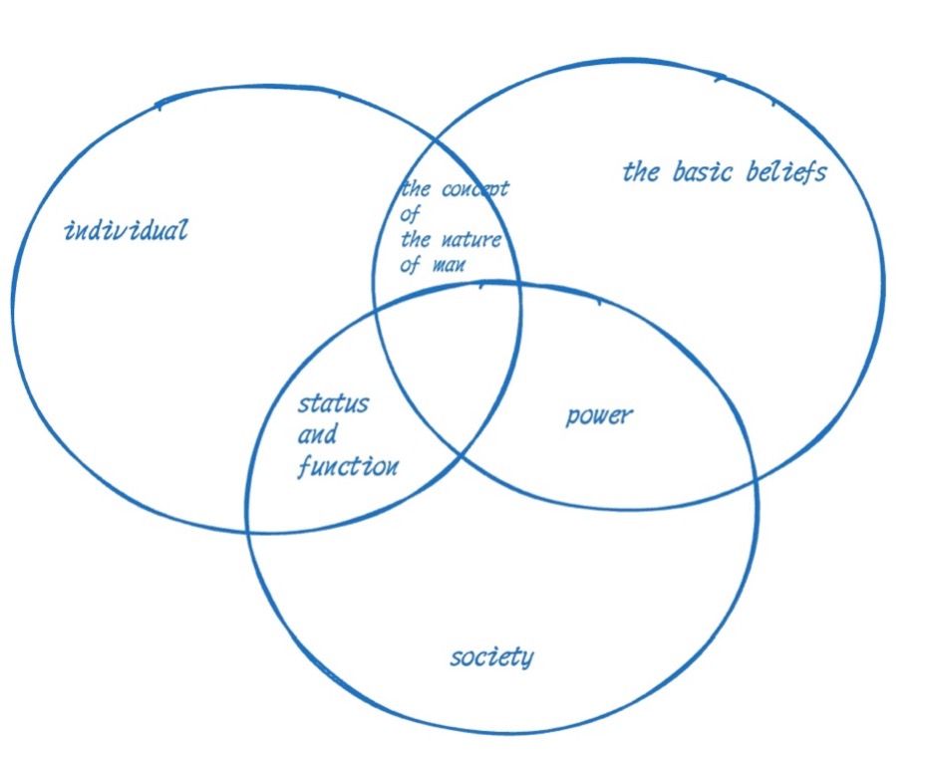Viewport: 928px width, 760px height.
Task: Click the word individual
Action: tap(126, 231)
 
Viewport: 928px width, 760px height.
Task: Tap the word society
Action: tap(491, 657)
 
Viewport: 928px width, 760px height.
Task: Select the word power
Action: tap(598, 415)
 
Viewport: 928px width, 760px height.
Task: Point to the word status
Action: tap(333, 403)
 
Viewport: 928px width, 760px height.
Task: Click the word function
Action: tap(348, 466)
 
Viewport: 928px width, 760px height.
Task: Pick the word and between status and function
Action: tap(317, 435)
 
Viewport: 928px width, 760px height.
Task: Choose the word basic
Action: tap(704, 171)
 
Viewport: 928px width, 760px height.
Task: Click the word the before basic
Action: tap(641, 172)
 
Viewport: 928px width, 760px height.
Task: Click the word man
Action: tap(448, 266)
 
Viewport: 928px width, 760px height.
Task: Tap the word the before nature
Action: tap(416, 239)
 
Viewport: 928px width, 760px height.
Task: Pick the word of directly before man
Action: tap(411, 266)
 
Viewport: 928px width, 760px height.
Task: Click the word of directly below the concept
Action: tap(410, 213)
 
